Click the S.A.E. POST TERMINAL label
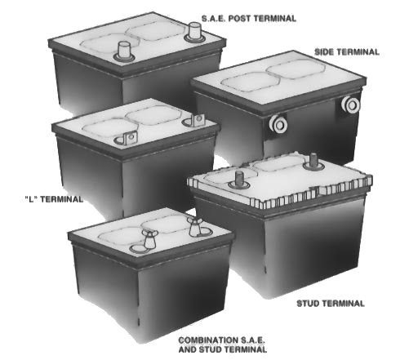pos(249,19)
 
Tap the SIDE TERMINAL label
pos(347,52)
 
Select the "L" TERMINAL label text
pos(54,199)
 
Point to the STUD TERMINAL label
pos(331,304)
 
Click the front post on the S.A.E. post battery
pos(124,51)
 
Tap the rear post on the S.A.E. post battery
pos(195,32)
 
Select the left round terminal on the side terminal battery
pos(278,124)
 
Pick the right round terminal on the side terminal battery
pos(351,104)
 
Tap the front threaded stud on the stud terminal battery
pos(239,180)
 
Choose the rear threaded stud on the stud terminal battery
pos(313,161)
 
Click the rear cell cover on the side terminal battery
pos(296,69)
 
